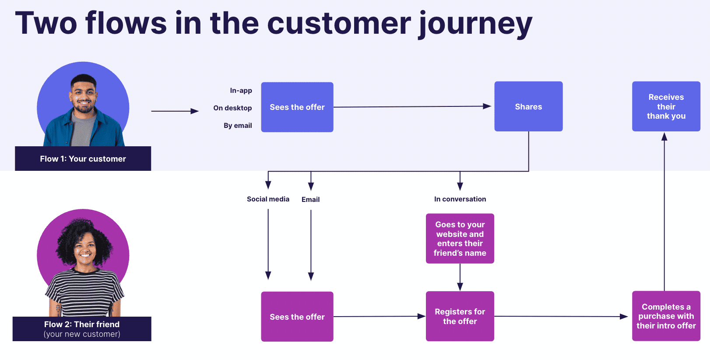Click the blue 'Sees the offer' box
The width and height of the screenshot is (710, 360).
(297, 107)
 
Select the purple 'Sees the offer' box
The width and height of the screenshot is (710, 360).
(297, 317)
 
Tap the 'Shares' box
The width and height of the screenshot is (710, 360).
(528, 106)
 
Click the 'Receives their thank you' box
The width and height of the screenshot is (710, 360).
(666, 106)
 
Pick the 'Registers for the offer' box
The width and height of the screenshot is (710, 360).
(460, 316)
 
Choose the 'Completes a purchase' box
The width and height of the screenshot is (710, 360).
(666, 316)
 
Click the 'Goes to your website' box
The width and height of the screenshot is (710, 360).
(460, 239)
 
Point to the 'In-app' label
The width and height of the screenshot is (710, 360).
(241, 91)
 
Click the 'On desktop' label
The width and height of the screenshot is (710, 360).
(232, 108)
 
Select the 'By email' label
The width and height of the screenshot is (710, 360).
(238, 126)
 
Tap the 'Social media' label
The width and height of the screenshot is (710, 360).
(268, 199)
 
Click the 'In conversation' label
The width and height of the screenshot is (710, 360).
(460, 199)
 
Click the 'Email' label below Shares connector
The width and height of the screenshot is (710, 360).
(310, 200)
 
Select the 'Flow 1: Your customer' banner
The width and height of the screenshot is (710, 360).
(83, 159)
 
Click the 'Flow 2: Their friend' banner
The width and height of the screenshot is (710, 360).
(82, 329)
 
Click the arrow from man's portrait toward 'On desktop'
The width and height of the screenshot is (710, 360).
(175, 111)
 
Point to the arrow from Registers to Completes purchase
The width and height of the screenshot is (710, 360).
(560, 316)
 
